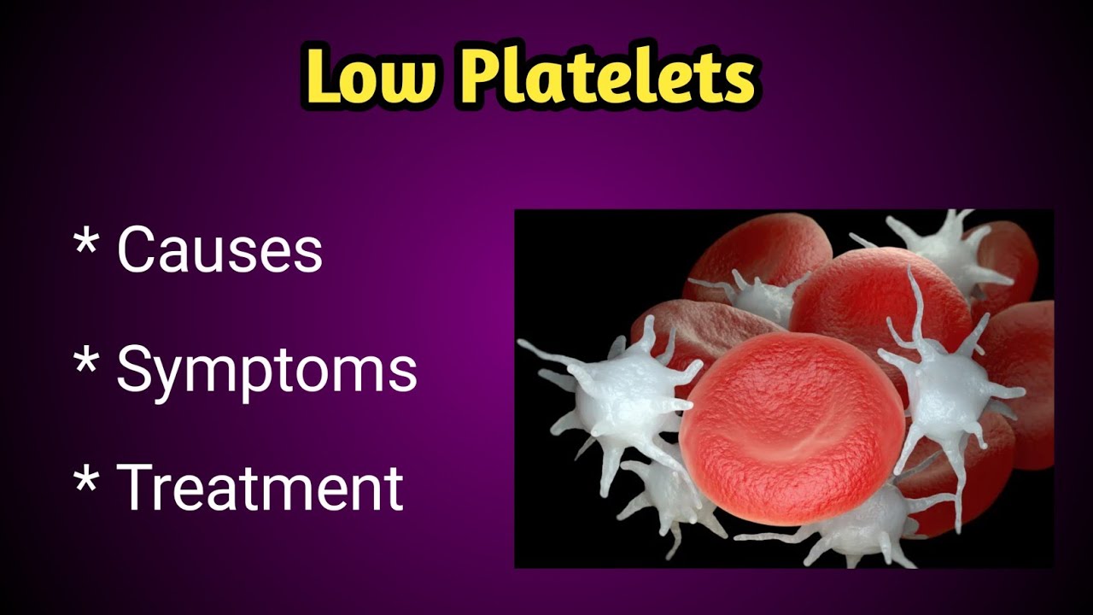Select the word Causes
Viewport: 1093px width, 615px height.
click(219, 249)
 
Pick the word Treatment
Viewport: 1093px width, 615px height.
click(260, 487)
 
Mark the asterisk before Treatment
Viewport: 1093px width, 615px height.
click(85, 478)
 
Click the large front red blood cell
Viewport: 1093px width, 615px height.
click(790, 427)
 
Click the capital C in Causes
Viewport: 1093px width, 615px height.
click(138, 249)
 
